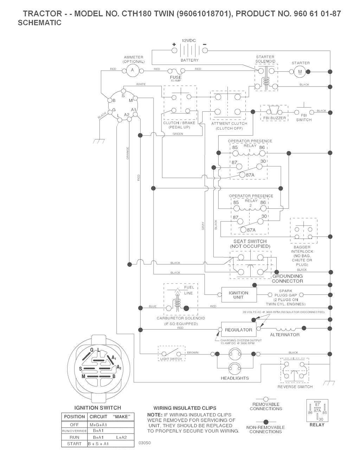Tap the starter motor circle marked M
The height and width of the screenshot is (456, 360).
tap(300, 72)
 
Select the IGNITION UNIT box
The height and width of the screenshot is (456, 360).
tap(238, 295)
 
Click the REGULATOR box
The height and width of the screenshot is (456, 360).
tap(238, 330)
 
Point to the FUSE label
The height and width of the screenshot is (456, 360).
tap(176, 77)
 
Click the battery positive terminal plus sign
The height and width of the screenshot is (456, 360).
tap(174, 45)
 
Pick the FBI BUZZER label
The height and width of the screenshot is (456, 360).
tap(274, 118)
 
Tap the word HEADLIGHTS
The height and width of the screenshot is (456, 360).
tap(234, 378)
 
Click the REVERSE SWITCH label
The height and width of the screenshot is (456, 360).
tap(295, 387)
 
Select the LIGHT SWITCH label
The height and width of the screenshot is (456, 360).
tap(171, 359)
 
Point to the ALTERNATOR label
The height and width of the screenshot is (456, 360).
tap(285, 335)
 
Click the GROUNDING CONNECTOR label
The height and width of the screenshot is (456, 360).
tap(287, 279)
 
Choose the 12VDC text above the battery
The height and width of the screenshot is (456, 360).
tap(189, 41)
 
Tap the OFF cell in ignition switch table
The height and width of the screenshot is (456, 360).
tap(74, 424)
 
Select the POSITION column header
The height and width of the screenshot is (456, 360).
tap(74, 417)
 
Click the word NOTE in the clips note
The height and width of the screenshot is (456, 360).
tap(154, 415)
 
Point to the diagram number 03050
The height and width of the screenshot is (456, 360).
tap(144, 443)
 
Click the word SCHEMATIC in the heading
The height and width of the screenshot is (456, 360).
tap(39, 23)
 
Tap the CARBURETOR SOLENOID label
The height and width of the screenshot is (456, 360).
tap(181, 318)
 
